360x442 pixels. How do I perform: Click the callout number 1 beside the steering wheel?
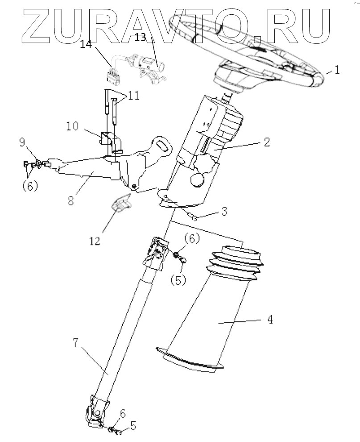click(337, 70)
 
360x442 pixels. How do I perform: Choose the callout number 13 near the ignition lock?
click(140, 38)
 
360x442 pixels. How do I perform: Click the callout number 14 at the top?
click(87, 45)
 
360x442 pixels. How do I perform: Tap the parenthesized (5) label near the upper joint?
click(178, 280)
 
